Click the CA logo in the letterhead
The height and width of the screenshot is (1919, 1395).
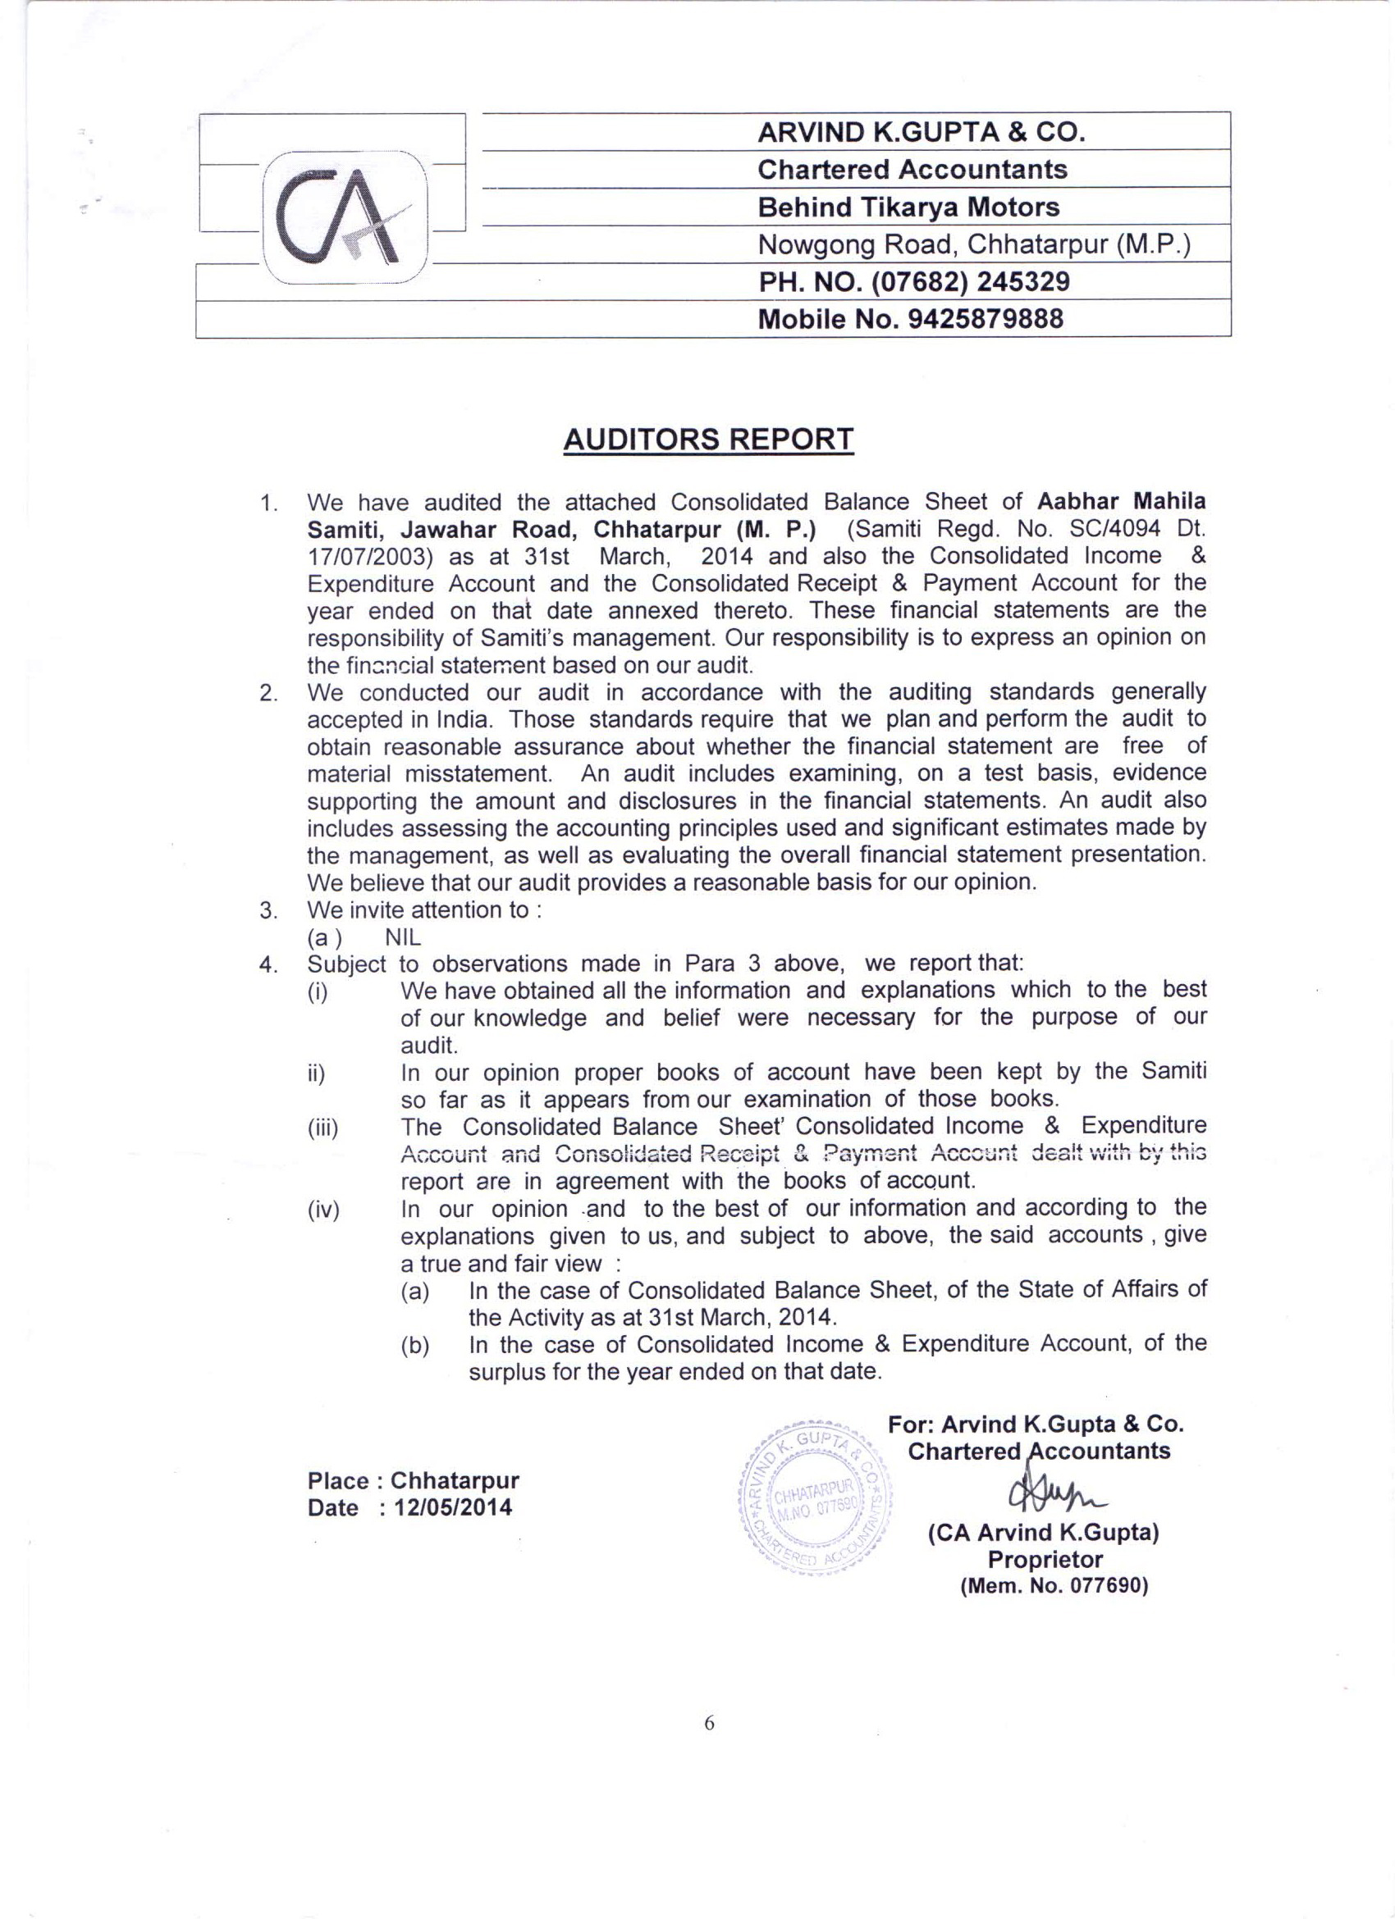(x=345, y=217)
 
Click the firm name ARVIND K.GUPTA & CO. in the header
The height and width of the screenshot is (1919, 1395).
(x=921, y=132)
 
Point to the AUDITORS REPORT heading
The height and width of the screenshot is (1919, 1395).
(x=707, y=440)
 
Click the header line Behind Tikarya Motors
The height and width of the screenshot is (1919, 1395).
(x=908, y=207)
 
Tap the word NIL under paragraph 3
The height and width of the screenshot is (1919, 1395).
(x=403, y=937)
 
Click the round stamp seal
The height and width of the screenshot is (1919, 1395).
(x=816, y=1498)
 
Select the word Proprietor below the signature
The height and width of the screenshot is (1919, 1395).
(x=1045, y=1560)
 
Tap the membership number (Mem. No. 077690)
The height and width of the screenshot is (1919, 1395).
(x=1054, y=1585)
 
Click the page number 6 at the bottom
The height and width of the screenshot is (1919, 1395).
(x=708, y=1724)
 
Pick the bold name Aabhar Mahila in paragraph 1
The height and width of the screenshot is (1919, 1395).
(x=1122, y=502)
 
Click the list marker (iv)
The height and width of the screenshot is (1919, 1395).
(x=323, y=1210)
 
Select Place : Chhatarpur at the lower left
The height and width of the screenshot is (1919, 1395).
(x=413, y=1481)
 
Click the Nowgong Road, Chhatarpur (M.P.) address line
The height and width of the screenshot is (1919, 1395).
(x=973, y=244)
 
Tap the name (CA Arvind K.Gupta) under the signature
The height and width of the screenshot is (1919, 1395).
(x=1044, y=1532)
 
